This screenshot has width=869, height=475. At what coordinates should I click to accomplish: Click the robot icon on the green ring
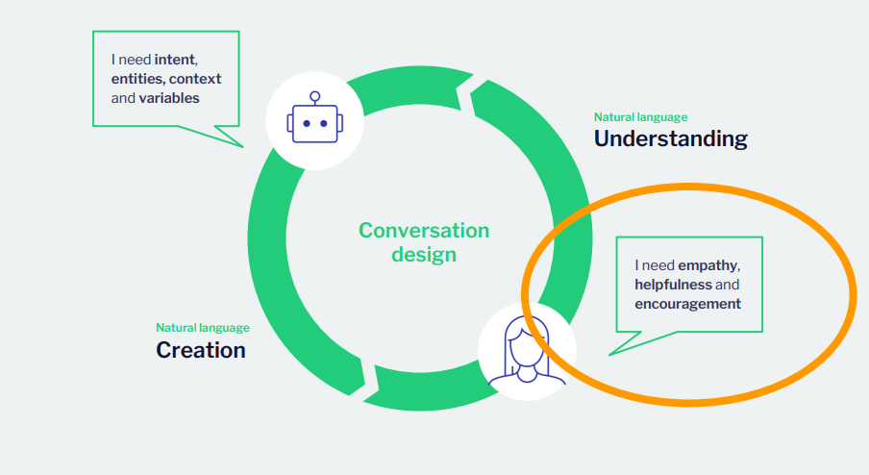[x=313, y=119]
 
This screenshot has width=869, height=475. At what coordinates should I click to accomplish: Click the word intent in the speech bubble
[x=175, y=60]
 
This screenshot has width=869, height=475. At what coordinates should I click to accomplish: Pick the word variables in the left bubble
[x=169, y=98]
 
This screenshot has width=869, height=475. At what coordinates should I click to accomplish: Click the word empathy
[x=707, y=265]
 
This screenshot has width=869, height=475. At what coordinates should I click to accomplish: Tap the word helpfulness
[x=673, y=285]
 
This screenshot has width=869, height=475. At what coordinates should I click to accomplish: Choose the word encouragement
[x=687, y=304]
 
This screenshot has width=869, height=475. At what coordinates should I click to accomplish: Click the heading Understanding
[x=670, y=138]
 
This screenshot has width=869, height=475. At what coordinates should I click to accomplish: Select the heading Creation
[x=201, y=350]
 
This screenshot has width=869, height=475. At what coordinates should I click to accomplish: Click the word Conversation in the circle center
[x=424, y=231]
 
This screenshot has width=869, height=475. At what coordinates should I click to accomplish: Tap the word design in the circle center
[x=424, y=255]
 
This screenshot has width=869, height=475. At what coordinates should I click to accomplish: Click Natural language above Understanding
[x=640, y=117]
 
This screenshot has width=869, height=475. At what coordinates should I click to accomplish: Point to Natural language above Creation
[x=203, y=328]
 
